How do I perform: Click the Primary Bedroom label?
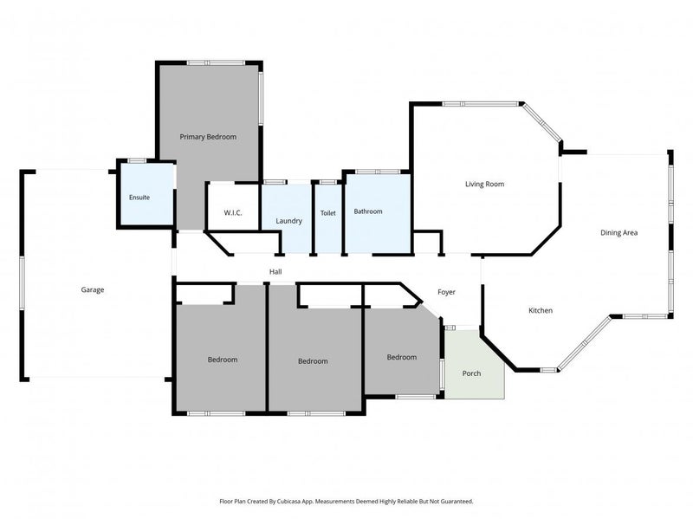(208, 137)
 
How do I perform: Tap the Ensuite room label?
(139, 198)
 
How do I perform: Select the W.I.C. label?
(232, 212)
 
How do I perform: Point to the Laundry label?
(289, 221)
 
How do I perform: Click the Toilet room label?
(327, 212)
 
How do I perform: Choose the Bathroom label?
(368, 211)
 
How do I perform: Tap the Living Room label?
(484, 184)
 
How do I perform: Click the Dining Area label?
(619, 232)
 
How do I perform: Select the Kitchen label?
(541, 310)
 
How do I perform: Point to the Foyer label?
(446, 293)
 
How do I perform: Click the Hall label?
(275, 272)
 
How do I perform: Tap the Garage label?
(93, 289)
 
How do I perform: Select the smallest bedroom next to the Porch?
(401, 357)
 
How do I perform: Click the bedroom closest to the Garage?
(222, 360)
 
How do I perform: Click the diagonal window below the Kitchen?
(583, 342)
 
